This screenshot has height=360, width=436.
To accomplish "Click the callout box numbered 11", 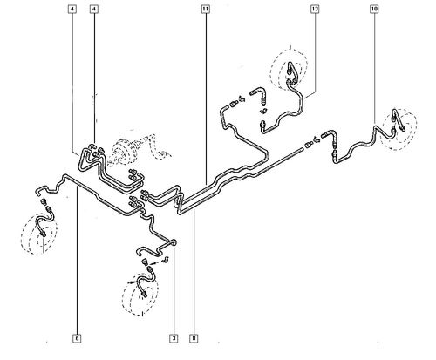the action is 206,9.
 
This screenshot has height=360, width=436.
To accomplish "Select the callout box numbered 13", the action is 315,9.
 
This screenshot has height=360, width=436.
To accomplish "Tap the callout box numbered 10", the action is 374,9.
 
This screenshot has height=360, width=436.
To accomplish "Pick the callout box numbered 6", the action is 77,338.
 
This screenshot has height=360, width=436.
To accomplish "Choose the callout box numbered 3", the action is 174,338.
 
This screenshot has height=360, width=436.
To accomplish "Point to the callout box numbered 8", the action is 194,338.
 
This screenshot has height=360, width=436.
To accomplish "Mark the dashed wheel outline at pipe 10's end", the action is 399,130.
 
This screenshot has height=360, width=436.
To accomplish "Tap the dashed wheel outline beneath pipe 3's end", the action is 140,294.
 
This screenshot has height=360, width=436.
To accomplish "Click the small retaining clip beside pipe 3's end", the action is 166,259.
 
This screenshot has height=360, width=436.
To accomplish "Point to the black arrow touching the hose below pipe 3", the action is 133,282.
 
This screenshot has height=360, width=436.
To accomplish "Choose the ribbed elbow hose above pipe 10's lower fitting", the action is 330,137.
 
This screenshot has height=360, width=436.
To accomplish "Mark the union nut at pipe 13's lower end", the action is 262,125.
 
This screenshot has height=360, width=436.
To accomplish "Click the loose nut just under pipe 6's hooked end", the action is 44,201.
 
